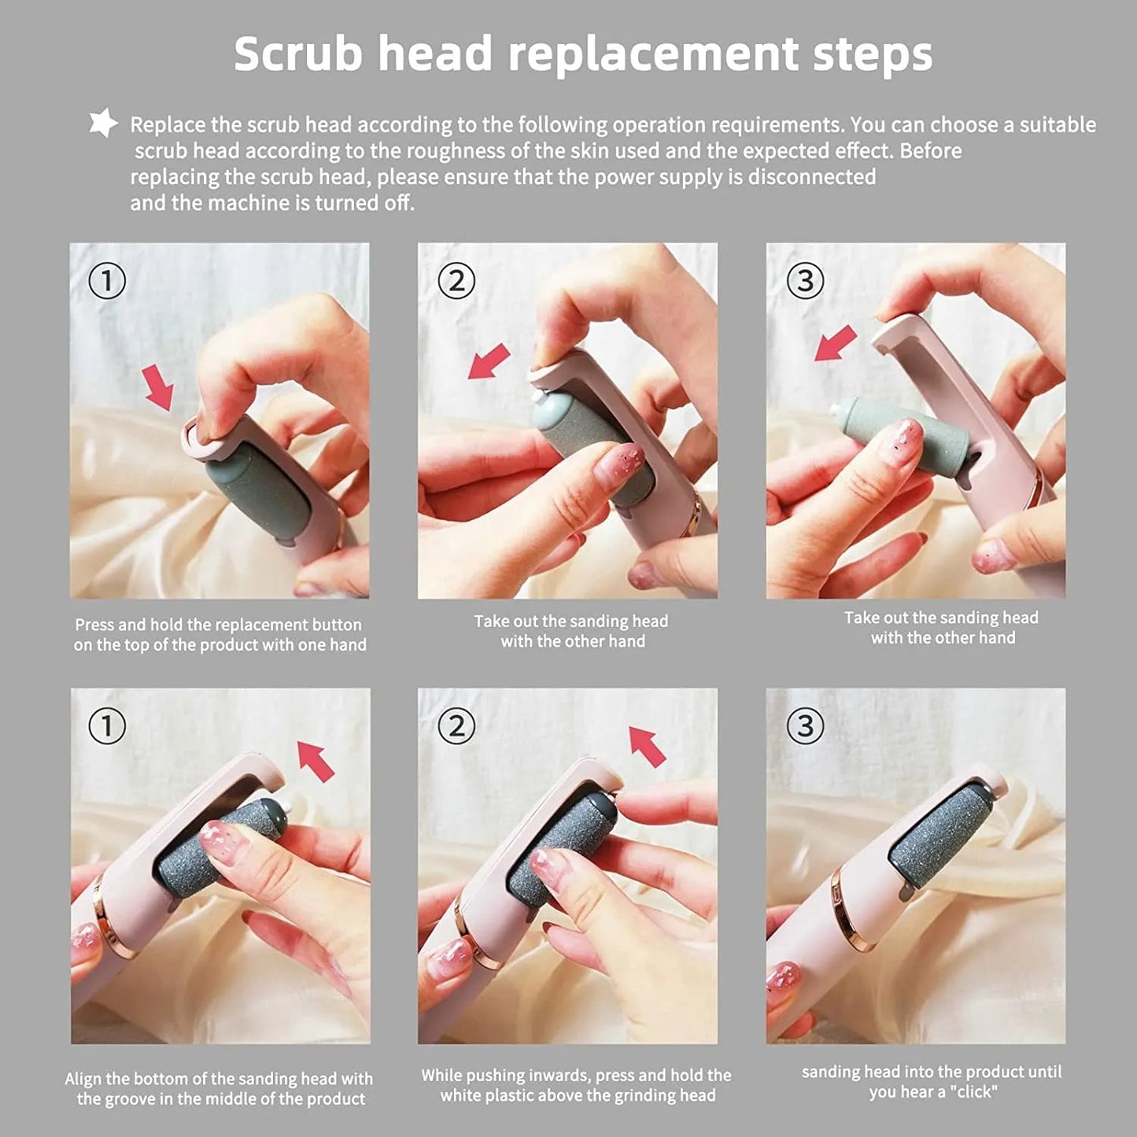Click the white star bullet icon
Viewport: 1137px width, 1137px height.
pos(103,124)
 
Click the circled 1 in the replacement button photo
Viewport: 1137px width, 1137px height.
pos(107,281)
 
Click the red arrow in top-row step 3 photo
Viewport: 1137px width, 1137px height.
pos(835,343)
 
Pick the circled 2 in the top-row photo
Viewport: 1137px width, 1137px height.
pos(456,281)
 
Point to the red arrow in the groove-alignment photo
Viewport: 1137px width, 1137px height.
pos(316,760)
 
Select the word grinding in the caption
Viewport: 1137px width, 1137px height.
pos(632,1095)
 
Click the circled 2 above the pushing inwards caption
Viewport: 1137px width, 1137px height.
pos(456,726)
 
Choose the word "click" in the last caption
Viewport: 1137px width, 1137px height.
pos(973,1092)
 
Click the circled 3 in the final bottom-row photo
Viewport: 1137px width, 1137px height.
pos(805,726)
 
